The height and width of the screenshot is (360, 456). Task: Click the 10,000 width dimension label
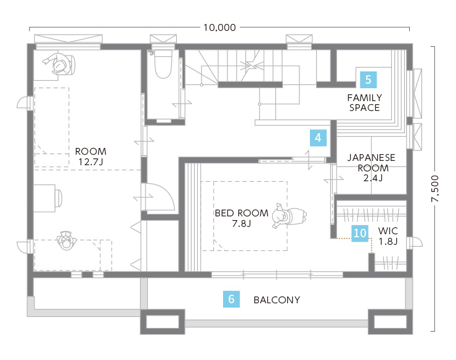pos(219,28)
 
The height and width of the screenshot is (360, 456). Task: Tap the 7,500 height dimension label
pos(435,189)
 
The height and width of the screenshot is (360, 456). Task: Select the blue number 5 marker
pos(368,80)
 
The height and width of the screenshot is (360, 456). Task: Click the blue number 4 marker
pos(318,137)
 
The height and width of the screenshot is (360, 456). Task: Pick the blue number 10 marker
pos(360,233)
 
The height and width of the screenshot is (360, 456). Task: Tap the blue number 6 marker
pos(231,299)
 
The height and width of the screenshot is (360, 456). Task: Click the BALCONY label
pos(277,300)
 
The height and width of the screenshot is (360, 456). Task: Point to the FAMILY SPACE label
pos(364,103)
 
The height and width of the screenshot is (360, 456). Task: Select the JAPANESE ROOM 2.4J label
pos(372,168)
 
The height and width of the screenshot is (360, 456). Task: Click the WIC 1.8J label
pos(388,236)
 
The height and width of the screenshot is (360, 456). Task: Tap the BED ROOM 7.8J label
pos(242,218)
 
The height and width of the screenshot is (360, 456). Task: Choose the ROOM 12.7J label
pos(91,157)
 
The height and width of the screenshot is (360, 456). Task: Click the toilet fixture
pos(163,64)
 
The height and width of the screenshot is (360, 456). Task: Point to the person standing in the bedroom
pos(290,216)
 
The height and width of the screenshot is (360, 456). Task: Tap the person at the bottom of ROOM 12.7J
pos(67,240)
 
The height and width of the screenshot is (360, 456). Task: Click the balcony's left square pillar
pos(163,322)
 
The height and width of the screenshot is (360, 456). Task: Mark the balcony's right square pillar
pos(390,322)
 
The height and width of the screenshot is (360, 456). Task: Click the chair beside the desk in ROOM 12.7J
pos(59,198)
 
